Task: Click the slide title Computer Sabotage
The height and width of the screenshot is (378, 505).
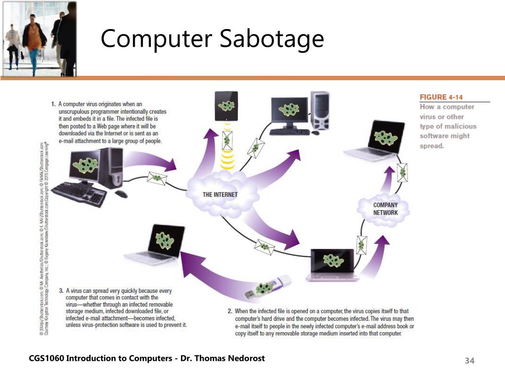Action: tap(212, 39)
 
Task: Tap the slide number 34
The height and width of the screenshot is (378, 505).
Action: tap(469, 361)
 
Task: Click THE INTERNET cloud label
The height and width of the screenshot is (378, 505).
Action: tap(220, 194)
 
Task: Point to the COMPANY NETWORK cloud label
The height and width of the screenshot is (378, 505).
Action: tap(385, 209)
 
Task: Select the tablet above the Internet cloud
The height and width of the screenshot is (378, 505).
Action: tap(226, 106)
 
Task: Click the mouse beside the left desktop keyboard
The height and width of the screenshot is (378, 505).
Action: tap(121, 194)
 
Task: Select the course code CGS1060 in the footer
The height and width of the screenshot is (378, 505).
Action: tap(46, 358)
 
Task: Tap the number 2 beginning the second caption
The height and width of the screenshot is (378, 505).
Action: tap(230, 312)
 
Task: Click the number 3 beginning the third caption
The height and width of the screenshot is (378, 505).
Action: tap(61, 290)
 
